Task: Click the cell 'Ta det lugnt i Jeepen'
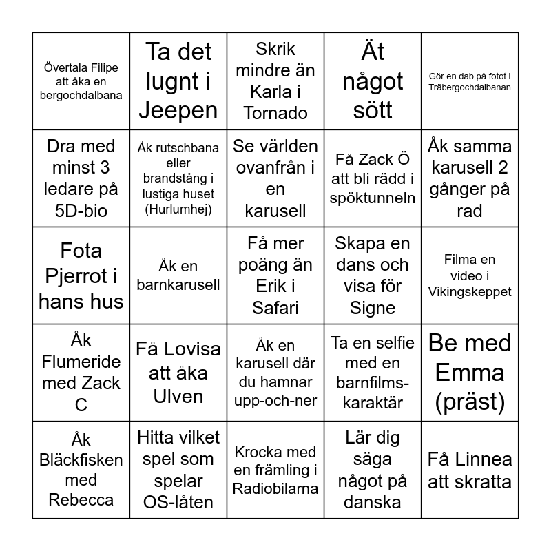coord(178,81)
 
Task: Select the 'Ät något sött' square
coord(373,81)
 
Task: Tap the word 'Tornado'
coord(275,112)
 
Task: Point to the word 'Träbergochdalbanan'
coord(470,87)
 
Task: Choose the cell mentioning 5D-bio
coord(81,178)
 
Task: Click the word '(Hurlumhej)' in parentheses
coord(178,209)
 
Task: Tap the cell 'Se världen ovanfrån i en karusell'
coord(275,178)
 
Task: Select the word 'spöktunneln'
coord(373,198)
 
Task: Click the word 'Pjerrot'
coord(81,275)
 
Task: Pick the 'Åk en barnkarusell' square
coord(178,275)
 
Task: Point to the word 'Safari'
coord(275,307)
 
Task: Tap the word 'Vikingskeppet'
coord(470,291)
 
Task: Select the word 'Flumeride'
coord(81,362)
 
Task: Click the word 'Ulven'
coord(178,397)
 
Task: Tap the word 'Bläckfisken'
coord(81,459)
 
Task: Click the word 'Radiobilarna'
coord(275,488)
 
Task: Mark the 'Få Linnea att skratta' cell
coord(470,470)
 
